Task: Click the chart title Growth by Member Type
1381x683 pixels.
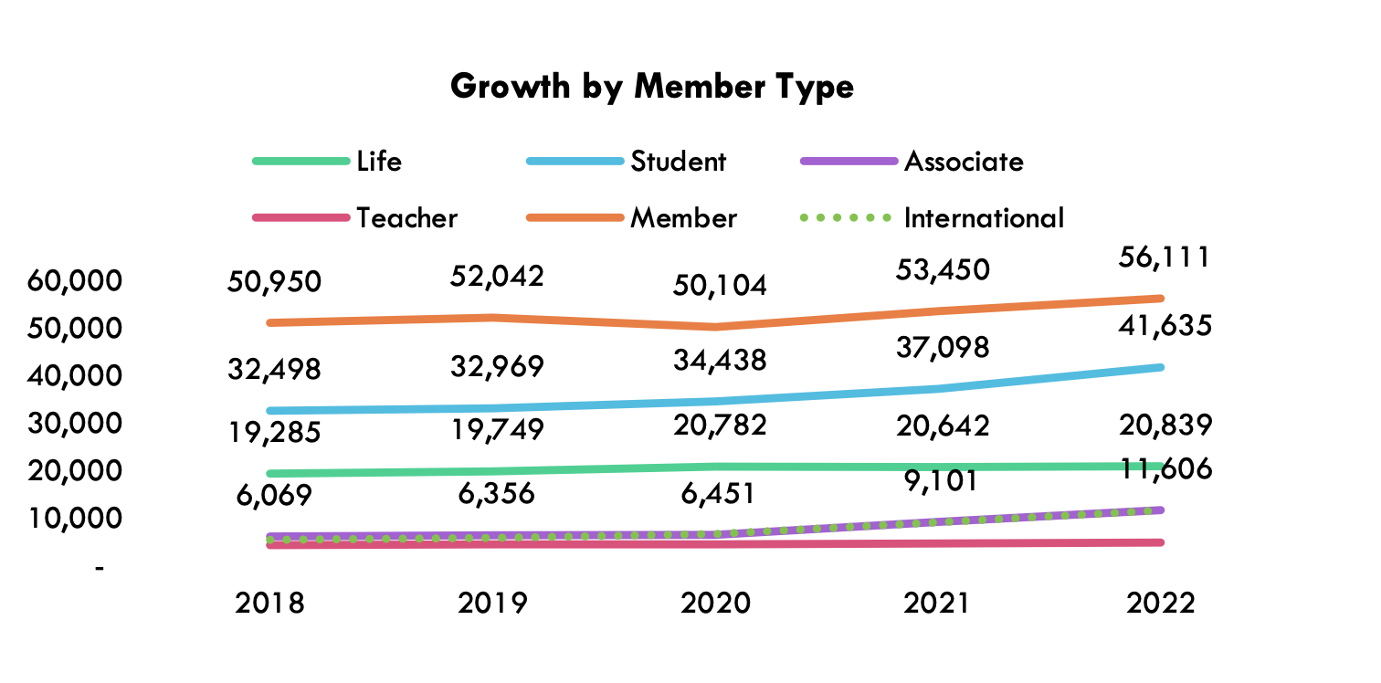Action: tap(652, 87)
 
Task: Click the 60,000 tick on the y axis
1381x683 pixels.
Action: tap(75, 281)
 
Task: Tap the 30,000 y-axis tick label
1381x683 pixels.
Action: tap(75, 424)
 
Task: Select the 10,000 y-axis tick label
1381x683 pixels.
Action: tap(75, 519)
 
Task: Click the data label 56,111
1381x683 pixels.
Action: tap(1165, 257)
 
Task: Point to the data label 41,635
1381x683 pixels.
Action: tap(1165, 326)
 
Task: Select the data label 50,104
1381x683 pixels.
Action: tap(720, 286)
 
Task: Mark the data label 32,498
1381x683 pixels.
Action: tap(275, 370)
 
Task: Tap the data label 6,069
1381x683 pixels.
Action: tap(275, 496)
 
